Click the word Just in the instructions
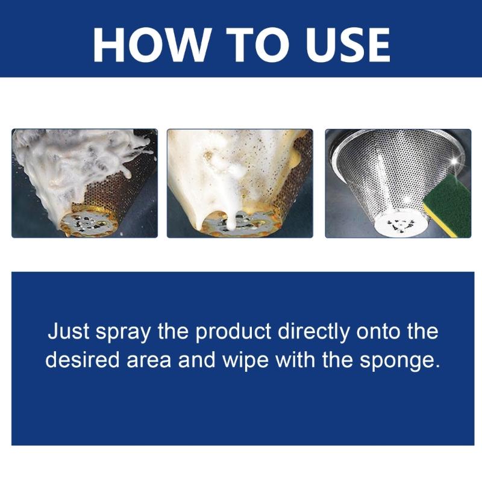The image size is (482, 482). pos(67,332)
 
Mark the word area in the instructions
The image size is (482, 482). pos(148,360)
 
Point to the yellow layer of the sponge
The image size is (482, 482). pos(440,216)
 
